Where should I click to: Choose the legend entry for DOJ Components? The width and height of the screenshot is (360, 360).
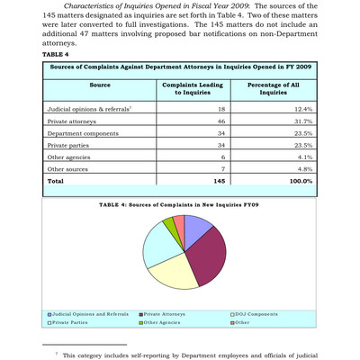[258, 312]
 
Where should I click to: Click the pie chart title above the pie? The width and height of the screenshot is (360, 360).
[179, 206]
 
